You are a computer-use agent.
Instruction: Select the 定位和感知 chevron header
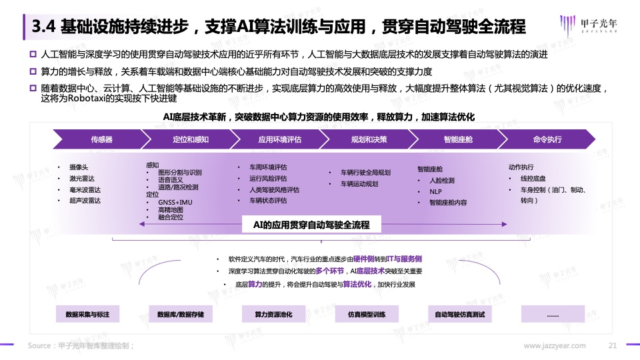point(191,139)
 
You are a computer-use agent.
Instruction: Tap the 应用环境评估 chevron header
point(279,139)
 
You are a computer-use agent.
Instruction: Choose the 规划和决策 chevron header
point(369,139)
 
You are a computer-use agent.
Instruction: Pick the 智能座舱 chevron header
point(458,139)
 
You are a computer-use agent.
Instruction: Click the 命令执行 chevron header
point(547,139)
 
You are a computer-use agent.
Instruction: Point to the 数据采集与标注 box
point(87,314)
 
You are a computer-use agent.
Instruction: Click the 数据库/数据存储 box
point(181,314)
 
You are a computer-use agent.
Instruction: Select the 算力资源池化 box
point(273,314)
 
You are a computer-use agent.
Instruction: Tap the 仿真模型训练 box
point(367,314)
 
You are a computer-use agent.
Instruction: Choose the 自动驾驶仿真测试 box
point(459,314)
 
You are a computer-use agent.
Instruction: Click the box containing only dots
point(553,314)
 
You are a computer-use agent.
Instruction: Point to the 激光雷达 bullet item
point(81,179)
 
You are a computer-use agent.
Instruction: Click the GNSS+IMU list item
point(175,202)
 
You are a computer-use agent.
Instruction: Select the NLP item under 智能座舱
point(435,191)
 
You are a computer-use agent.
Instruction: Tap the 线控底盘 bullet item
point(533,179)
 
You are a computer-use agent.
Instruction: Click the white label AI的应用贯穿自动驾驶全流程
point(311,225)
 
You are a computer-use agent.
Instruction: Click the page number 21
point(612,345)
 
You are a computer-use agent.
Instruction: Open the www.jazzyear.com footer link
point(554,346)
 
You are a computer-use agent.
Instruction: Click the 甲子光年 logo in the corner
point(588,25)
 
